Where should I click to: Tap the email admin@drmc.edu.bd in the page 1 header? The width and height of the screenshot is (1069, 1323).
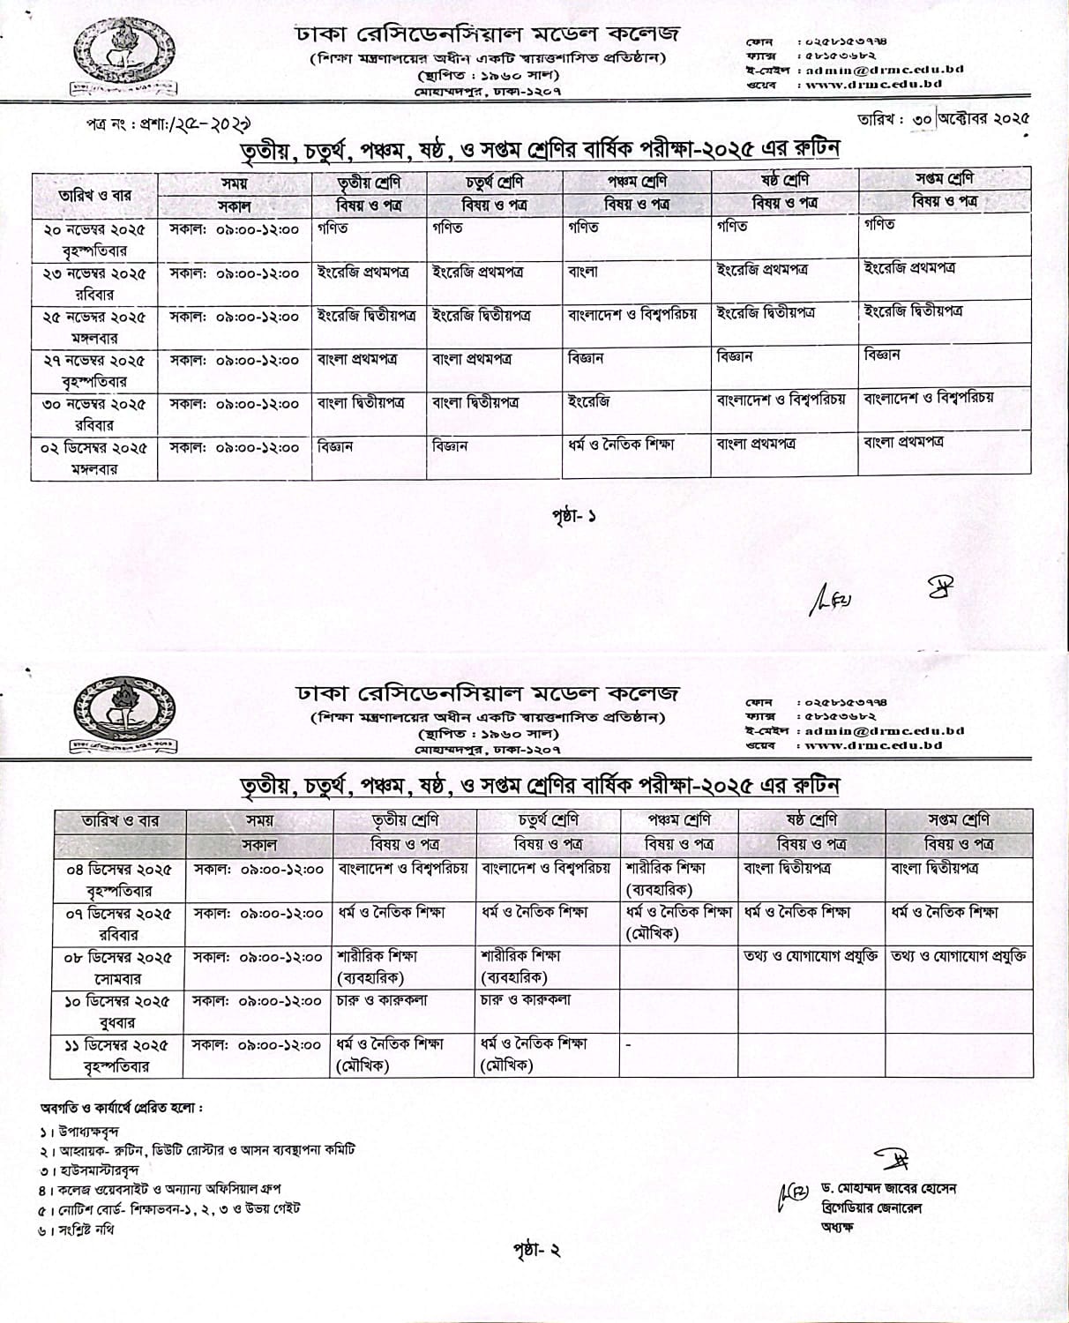click(x=881, y=69)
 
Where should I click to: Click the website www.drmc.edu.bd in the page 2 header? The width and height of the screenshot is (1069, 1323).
click(x=873, y=745)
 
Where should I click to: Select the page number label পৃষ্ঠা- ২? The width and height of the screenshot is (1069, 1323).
click(x=536, y=1249)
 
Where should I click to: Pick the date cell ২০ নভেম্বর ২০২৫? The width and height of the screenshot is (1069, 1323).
click(x=94, y=229)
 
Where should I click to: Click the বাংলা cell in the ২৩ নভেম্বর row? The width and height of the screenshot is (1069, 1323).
click(x=584, y=272)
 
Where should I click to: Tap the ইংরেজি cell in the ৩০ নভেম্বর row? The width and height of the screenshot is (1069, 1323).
click(x=589, y=402)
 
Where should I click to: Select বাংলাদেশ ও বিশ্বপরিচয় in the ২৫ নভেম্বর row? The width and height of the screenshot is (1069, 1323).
click(x=632, y=314)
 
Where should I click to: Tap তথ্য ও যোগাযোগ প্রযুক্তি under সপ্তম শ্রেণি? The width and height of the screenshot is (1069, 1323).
click(x=959, y=956)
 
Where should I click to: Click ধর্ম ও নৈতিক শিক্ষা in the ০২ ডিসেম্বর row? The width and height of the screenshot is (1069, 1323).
click(x=622, y=445)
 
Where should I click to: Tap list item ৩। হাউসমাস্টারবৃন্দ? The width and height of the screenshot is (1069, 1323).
click(x=89, y=1170)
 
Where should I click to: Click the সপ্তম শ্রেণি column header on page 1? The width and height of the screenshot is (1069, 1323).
click(x=946, y=179)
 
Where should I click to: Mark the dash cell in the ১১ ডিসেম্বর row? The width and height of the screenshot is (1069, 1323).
click(x=629, y=1045)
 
